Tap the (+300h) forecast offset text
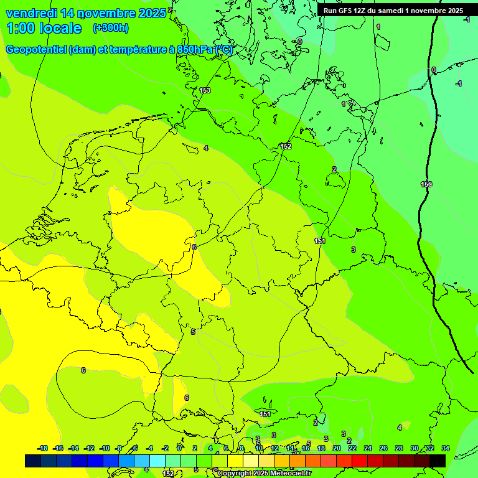(110, 28)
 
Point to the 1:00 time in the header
(20, 28)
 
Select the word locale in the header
(60, 28)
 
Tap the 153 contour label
(205, 91)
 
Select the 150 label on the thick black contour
(426, 184)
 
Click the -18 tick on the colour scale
(43, 448)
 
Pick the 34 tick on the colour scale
(446, 448)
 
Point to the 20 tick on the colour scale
(336, 448)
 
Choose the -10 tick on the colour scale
(105, 448)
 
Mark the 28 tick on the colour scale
(398, 448)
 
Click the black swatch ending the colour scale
(438, 461)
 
